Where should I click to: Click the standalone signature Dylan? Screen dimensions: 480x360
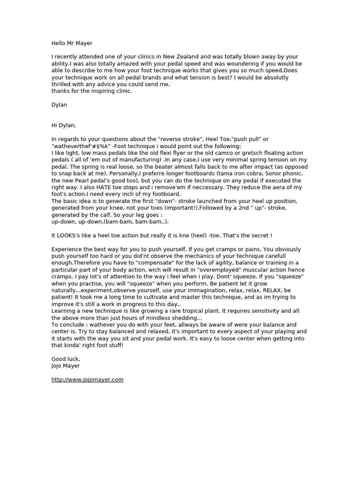point(59,105)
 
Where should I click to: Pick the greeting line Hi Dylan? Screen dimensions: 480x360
point(64,125)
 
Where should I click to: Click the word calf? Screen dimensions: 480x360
point(109,215)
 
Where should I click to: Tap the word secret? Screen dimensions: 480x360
point(259,235)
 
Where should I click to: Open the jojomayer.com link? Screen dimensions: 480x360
point(87,380)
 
